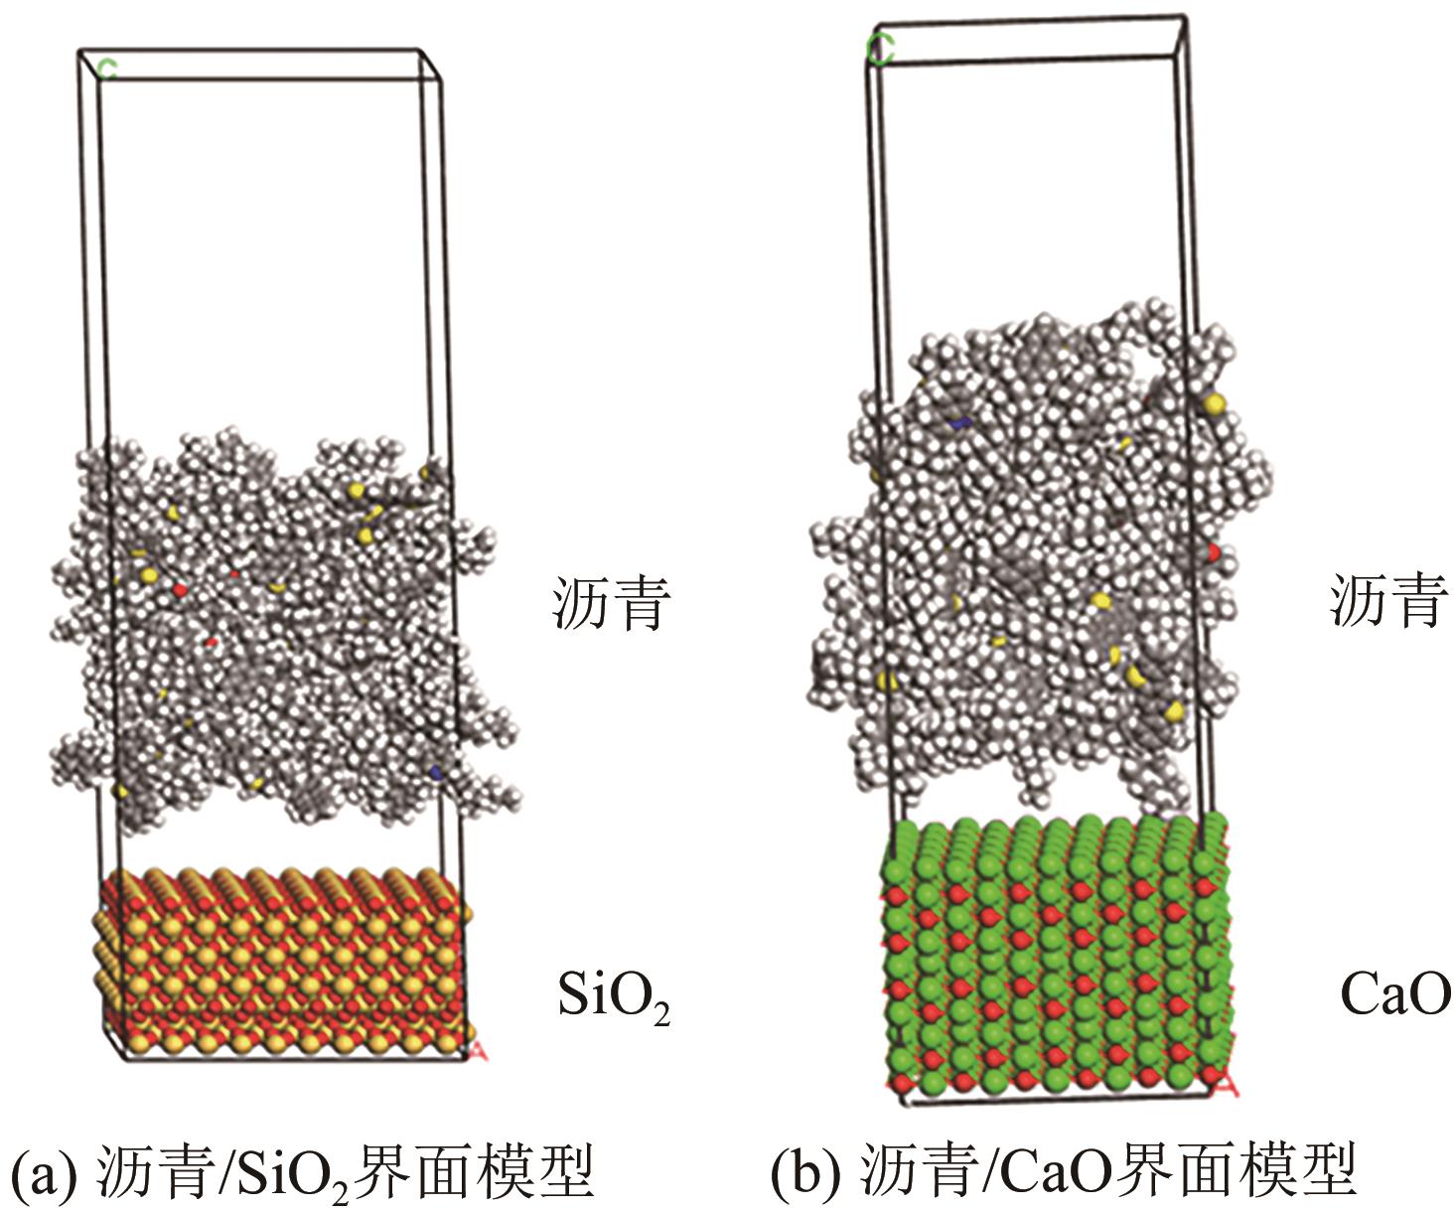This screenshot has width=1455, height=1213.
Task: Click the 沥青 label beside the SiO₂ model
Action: pyautogui.click(x=611, y=603)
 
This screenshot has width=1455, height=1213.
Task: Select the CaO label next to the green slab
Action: pyautogui.click(x=1394, y=994)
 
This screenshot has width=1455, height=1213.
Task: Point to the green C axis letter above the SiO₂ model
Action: pyautogui.click(x=107, y=68)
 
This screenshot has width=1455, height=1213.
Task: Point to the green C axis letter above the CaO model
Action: pyautogui.click(x=879, y=49)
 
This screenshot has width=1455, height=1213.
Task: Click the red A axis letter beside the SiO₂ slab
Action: pyautogui.click(x=477, y=1050)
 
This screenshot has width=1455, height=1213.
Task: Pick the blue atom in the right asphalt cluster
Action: pyautogui.click(x=959, y=423)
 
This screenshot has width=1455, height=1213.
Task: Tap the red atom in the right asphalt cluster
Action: pyautogui.click(x=1214, y=551)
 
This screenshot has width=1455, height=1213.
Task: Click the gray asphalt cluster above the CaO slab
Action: pyautogui.click(x=1033, y=556)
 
